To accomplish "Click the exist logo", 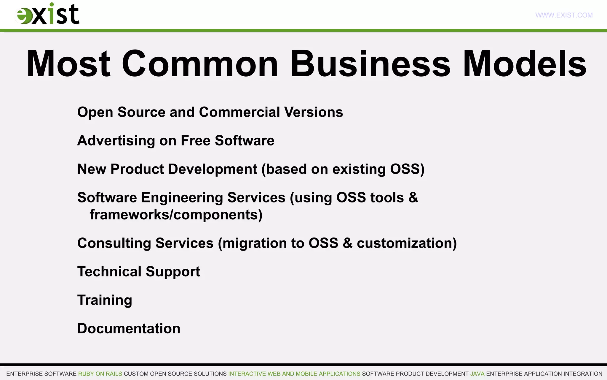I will [47, 14].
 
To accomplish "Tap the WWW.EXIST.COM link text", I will [564, 15].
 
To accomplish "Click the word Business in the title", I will [370, 64].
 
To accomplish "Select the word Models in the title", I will [525, 64].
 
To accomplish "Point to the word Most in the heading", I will [68, 64].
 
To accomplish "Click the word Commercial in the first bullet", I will [239, 112].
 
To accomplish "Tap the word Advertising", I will [116, 141].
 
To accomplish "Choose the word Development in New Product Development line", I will [213, 169].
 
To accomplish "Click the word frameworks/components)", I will [176, 215].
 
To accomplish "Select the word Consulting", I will [114, 243].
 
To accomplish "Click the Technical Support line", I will [138, 272].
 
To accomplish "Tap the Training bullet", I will [105, 300].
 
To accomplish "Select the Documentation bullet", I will [129, 329].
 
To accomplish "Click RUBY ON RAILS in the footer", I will [100, 374].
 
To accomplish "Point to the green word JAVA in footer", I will [477, 374].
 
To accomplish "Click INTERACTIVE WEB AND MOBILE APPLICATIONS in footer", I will [294, 374].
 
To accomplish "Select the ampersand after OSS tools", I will [413, 198].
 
